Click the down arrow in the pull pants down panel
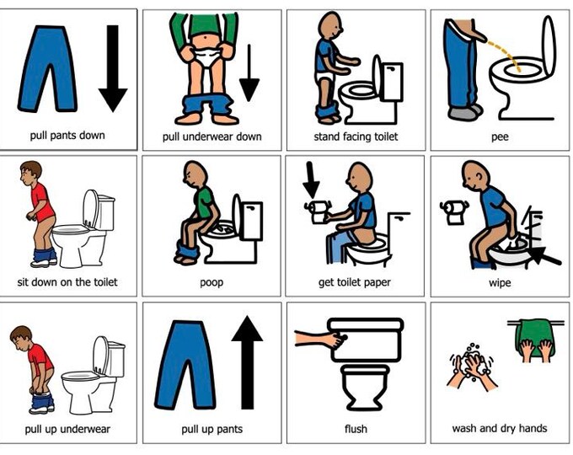(113, 68)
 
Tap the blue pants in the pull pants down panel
(47, 68)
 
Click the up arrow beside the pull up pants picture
(247, 362)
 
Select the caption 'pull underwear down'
(212, 137)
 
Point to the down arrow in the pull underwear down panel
(249, 72)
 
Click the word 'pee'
(500, 138)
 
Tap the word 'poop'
(212, 283)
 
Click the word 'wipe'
(500, 283)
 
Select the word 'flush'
(356, 428)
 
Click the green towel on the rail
(534, 336)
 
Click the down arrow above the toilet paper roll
(312, 180)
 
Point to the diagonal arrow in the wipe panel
(544, 255)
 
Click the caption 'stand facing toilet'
(356, 136)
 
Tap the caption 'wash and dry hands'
(500, 428)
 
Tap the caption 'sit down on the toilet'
(67, 282)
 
